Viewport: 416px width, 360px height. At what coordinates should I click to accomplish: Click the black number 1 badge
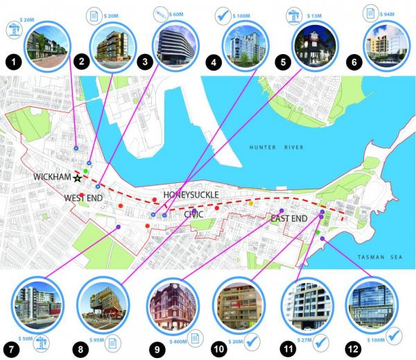point(13,62)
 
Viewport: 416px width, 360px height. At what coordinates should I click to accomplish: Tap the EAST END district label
point(288,219)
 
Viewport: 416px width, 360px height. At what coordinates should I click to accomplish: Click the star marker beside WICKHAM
point(78,178)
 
